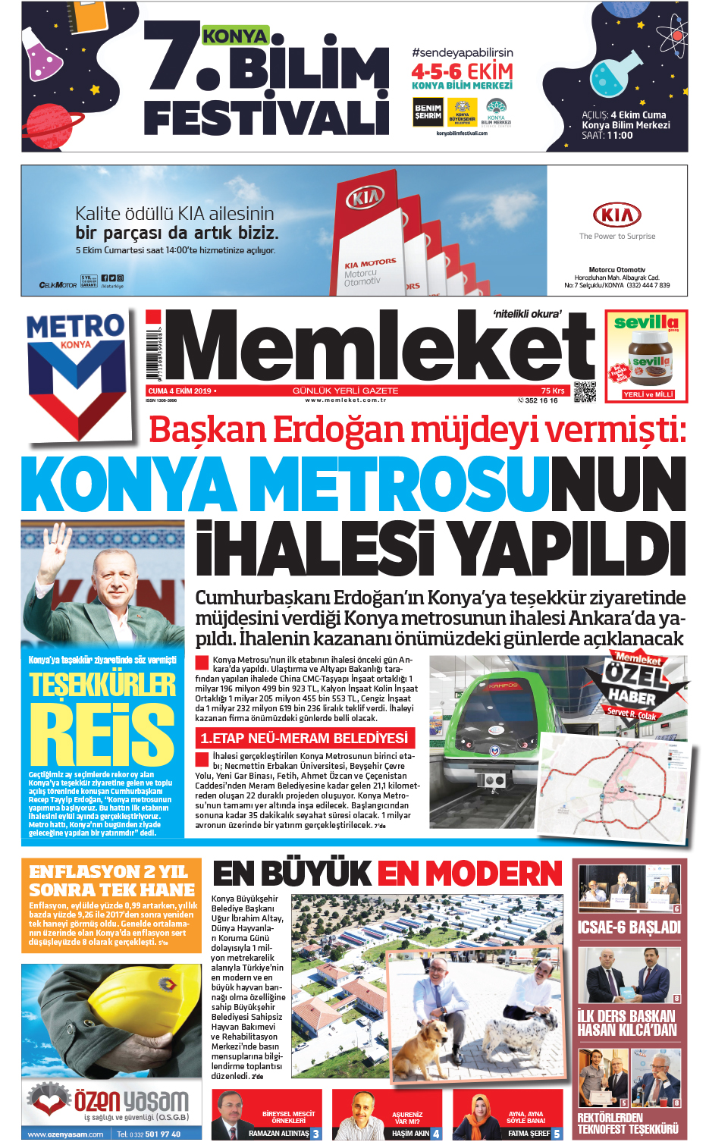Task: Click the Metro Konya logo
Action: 76,364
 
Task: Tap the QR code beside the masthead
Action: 585,391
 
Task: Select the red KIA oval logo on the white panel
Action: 616,215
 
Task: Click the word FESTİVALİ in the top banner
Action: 266,116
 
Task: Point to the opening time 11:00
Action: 619,136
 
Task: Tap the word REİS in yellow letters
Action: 102,733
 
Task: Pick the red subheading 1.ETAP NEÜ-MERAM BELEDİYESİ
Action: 304,738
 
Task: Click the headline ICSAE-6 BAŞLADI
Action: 629,927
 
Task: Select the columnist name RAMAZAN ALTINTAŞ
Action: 278,1133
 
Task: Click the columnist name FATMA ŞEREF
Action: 529,1133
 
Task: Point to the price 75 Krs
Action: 553,391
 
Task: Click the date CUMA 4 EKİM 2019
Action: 180,391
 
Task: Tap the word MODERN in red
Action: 469,874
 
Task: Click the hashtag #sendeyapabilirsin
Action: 463,52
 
